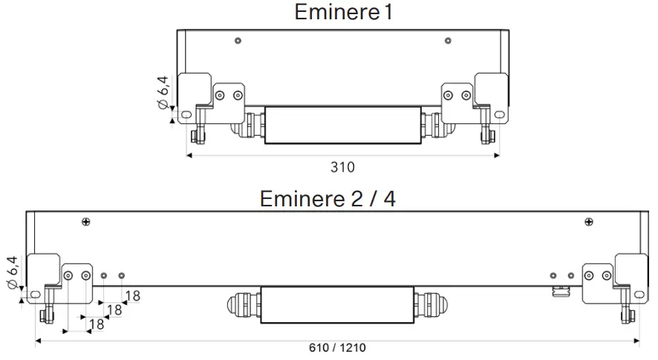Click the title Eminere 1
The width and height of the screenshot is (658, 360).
[x=342, y=13]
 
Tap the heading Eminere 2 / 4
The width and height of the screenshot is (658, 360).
[x=327, y=198]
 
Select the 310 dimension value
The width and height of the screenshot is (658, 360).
[x=342, y=167]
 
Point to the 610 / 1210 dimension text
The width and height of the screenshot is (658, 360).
[x=337, y=347]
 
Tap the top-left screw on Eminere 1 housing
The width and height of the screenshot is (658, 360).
[x=237, y=40]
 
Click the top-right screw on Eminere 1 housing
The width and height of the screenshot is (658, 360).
[x=447, y=40]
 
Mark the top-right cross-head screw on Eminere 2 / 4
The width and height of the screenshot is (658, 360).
[x=588, y=220]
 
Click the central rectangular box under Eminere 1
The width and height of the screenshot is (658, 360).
[x=342, y=125]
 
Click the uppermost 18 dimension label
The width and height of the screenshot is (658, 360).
[x=132, y=296]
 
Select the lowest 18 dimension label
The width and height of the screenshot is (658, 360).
[x=97, y=324]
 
